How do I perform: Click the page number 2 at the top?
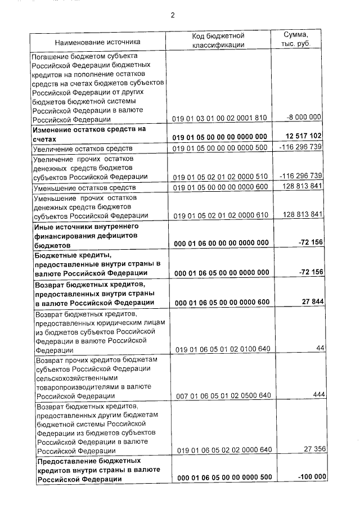(173, 15)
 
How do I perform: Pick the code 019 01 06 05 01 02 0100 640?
(223, 349)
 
